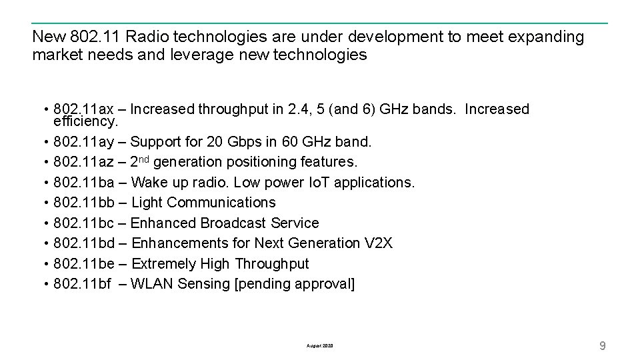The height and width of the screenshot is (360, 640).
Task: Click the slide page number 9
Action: pos(603,345)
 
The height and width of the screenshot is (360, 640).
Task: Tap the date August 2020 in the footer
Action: pos(320,346)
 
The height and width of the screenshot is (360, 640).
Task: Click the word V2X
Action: pos(379,243)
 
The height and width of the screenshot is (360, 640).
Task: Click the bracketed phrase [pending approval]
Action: pos(295,284)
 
